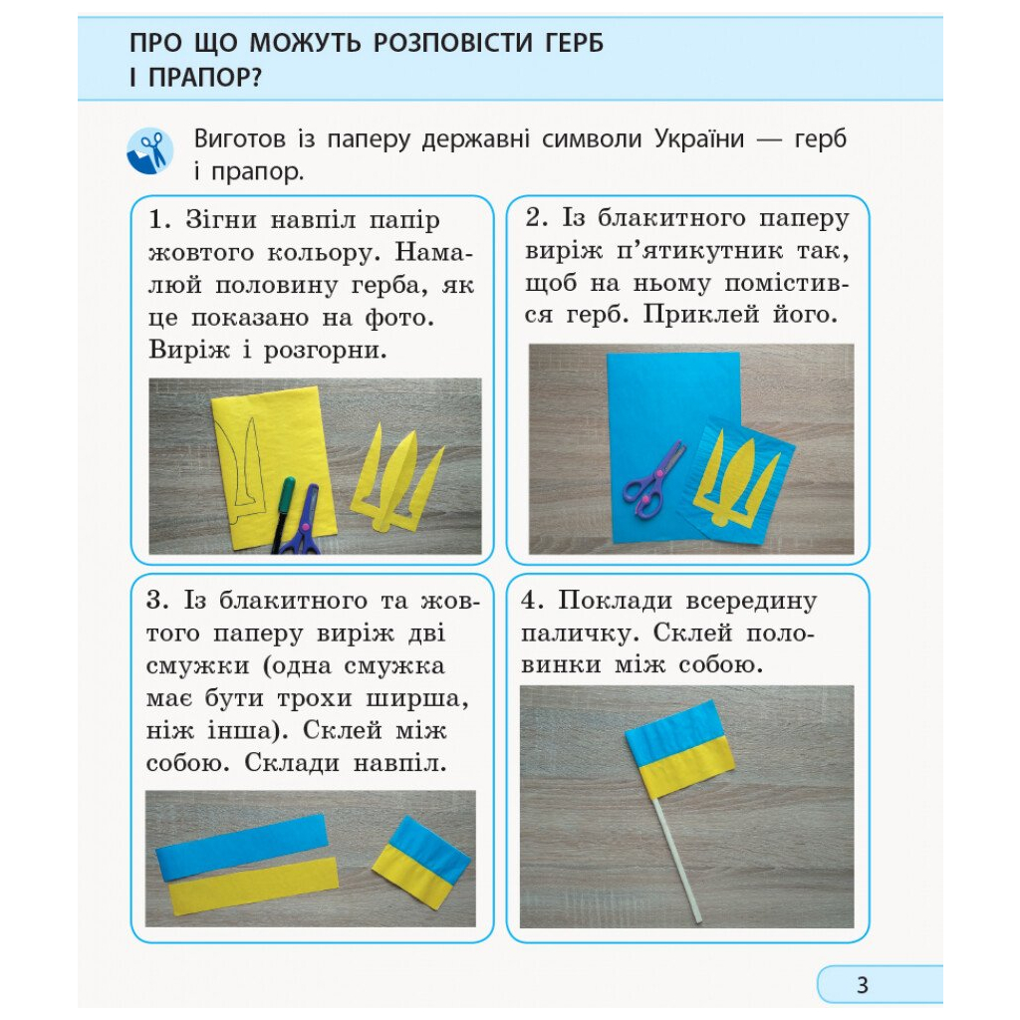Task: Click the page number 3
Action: pyautogui.click(x=863, y=985)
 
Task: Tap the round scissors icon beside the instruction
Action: pyautogui.click(x=149, y=151)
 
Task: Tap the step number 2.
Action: pyautogui.click(x=533, y=218)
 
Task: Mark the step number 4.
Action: pyautogui.click(x=532, y=601)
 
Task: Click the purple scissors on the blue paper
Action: pyautogui.click(x=652, y=481)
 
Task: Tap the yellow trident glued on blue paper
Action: pyautogui.click(x=738, y=471)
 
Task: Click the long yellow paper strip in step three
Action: pyautogui.click(x=253, y=885)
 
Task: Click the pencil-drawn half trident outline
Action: pyautogui.click(x=242, y=463)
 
